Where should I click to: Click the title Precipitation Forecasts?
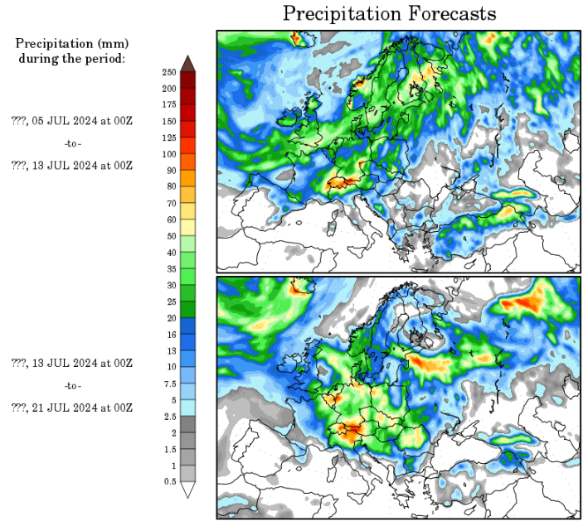point(389,14)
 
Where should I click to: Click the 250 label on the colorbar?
point(168,72)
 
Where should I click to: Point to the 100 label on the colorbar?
point(168,154)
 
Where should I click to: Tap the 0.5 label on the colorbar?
point(168,481)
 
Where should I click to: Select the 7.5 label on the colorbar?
point(168,384)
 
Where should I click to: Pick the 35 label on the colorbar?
point(168,268)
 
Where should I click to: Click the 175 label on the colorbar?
point(168,104)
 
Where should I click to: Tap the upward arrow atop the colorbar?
point(188,62)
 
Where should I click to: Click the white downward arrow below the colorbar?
point(188,490)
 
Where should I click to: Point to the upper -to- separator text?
point(73,142)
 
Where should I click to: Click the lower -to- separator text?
point(73,385)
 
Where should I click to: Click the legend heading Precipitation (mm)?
point(72,43)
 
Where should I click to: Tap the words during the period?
point(72,58)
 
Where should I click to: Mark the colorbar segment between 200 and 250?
point(188,80)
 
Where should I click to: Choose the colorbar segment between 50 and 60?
point(188,228)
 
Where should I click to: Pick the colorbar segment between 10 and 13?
point(188,359)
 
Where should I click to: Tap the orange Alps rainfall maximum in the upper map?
point(345,180)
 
